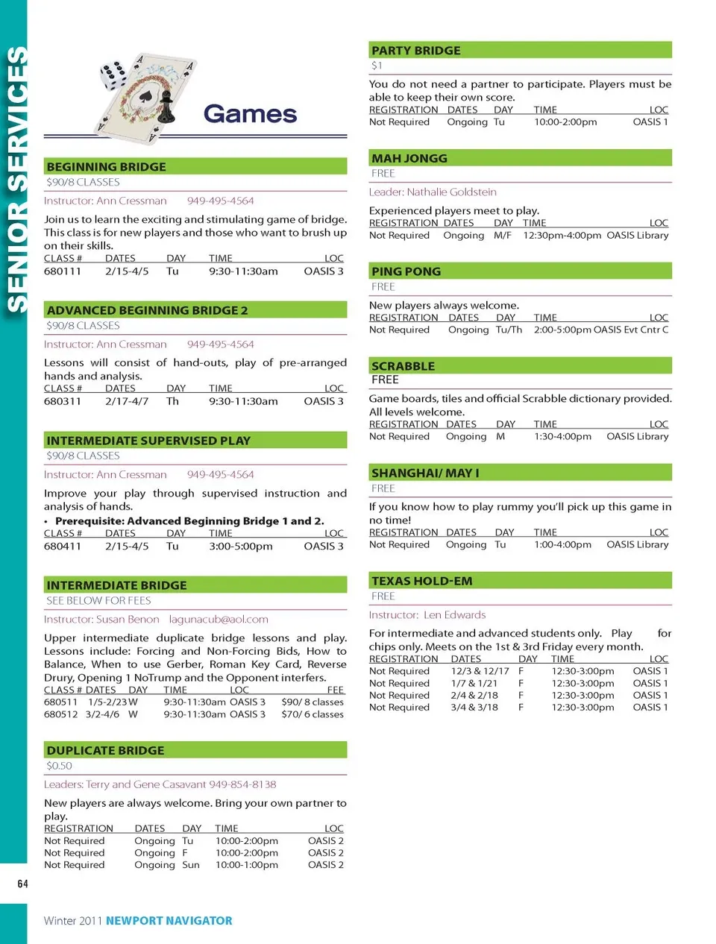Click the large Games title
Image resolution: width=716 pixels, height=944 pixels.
(250, 114)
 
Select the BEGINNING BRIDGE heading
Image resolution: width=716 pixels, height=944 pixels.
(106, 167)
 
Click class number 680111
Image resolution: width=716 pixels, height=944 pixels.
(63, 271)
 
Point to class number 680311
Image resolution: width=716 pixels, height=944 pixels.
(63, 401)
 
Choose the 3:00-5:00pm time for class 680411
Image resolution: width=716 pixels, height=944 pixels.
(241, 547)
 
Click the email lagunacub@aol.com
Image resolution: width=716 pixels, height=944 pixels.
(219, 620)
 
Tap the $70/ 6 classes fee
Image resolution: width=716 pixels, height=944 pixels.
(313, 714)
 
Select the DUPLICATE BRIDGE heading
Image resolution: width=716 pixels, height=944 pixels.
(105, 751)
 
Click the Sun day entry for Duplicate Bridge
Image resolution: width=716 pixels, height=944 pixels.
(191, 865)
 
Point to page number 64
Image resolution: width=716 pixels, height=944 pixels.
(23, 884)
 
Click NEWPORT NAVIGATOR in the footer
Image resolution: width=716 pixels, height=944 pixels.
(169, 921)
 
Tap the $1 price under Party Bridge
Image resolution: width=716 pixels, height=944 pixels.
(377, 66)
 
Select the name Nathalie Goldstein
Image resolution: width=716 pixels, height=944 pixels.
(452, 192)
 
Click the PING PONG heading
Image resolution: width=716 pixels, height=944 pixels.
(406, 271)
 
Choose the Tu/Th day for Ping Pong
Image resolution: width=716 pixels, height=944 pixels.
(509, 330)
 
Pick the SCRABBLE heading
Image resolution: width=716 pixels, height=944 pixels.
(403, 366)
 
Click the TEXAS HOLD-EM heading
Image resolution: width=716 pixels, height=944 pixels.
(421, 581)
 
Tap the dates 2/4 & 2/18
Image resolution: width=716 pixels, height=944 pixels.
(474, 695)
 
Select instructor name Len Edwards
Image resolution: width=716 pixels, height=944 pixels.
(454, 615)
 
